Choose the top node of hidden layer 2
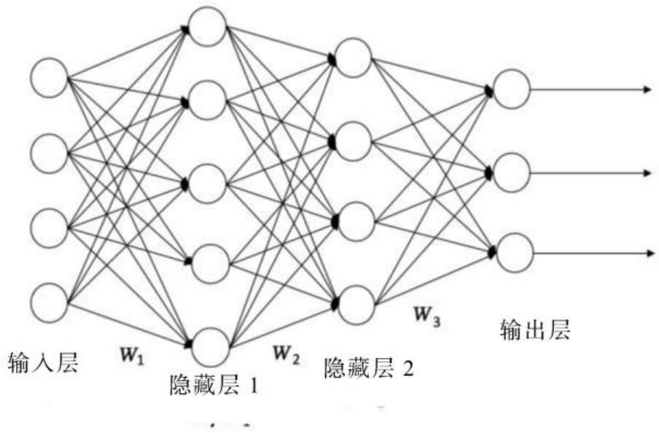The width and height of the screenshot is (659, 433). pyautogui.click(x=353, y=59)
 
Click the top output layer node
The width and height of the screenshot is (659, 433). pyautogui.click(x=511, y=88)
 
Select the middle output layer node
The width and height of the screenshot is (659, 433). pyautogui.click(x=511, y=172)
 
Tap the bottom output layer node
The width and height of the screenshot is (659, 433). pyautogui.click(x=511, y=252)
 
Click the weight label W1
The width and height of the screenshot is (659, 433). pyautogui.click(x=134, y=356)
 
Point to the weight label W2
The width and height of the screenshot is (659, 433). pyautogui.click(x=286, y=354)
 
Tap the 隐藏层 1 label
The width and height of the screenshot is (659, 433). pyautogui.click(x=212, y=384)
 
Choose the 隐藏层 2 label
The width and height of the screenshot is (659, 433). pyautogui.click(x=368, y=369)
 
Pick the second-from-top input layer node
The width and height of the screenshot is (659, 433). pyautogui.click(x=50, y=152)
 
